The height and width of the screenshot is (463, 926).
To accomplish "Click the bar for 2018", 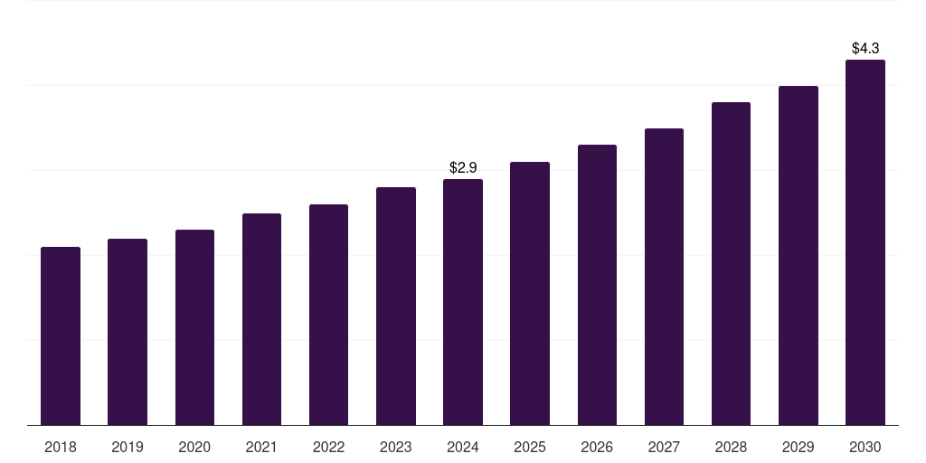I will [x=61, y=335].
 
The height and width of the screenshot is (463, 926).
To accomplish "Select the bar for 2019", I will [x=128, y=332].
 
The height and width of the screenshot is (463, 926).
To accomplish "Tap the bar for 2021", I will [x=261, y=319].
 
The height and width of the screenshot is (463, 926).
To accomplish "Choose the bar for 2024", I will [x=463, y=302].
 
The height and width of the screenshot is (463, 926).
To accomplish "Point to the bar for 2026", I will [x=597, y=285].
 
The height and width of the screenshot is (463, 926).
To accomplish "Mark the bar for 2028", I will [x=731, y=263].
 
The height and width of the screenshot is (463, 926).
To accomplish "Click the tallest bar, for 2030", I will [x=865, y=242].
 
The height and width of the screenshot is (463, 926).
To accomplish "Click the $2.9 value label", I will [x=463, y=167].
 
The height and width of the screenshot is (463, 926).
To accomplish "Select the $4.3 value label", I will [x=865, y=48].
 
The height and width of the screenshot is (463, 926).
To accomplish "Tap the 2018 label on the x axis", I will [x=61, y=447].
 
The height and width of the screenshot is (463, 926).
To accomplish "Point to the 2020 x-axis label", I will [x=194, y=447].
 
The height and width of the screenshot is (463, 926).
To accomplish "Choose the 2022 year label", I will [x=328, y=447].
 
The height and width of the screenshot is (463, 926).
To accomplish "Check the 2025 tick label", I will [x=530, y=447].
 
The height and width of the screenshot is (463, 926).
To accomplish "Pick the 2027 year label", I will [x=664, y=447].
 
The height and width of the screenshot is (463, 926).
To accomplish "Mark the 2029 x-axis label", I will [x=798, y=447].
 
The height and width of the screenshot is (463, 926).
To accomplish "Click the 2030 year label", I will [x=865, y=447].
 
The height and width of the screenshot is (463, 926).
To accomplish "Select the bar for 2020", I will [x=194, y=327].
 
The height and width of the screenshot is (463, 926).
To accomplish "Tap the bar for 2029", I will [x=798, y=255].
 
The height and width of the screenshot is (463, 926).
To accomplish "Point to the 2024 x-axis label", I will [x=463, y=447].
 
